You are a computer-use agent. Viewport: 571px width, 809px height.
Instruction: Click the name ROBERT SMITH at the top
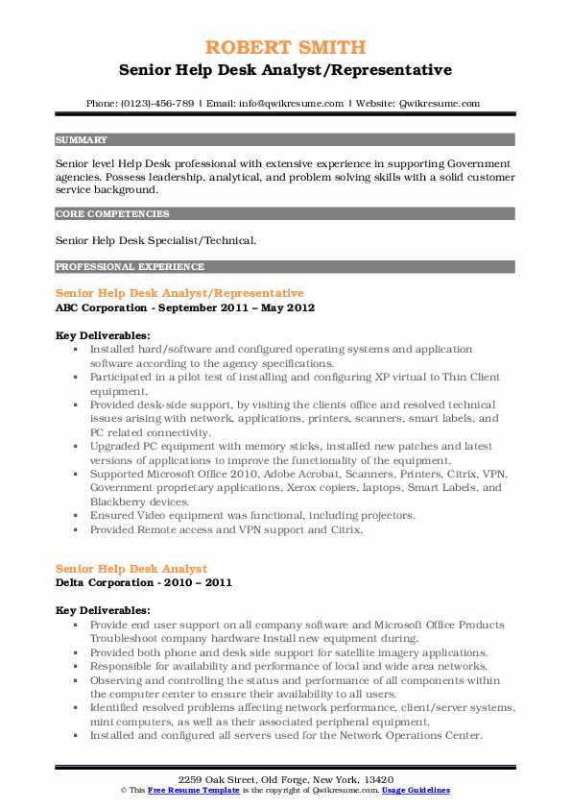285,46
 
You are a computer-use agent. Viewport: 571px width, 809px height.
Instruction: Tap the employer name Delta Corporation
108,582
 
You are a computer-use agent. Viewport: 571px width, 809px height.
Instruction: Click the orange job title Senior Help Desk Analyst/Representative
179,292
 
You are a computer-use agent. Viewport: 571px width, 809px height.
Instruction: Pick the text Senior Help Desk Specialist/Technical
155,239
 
